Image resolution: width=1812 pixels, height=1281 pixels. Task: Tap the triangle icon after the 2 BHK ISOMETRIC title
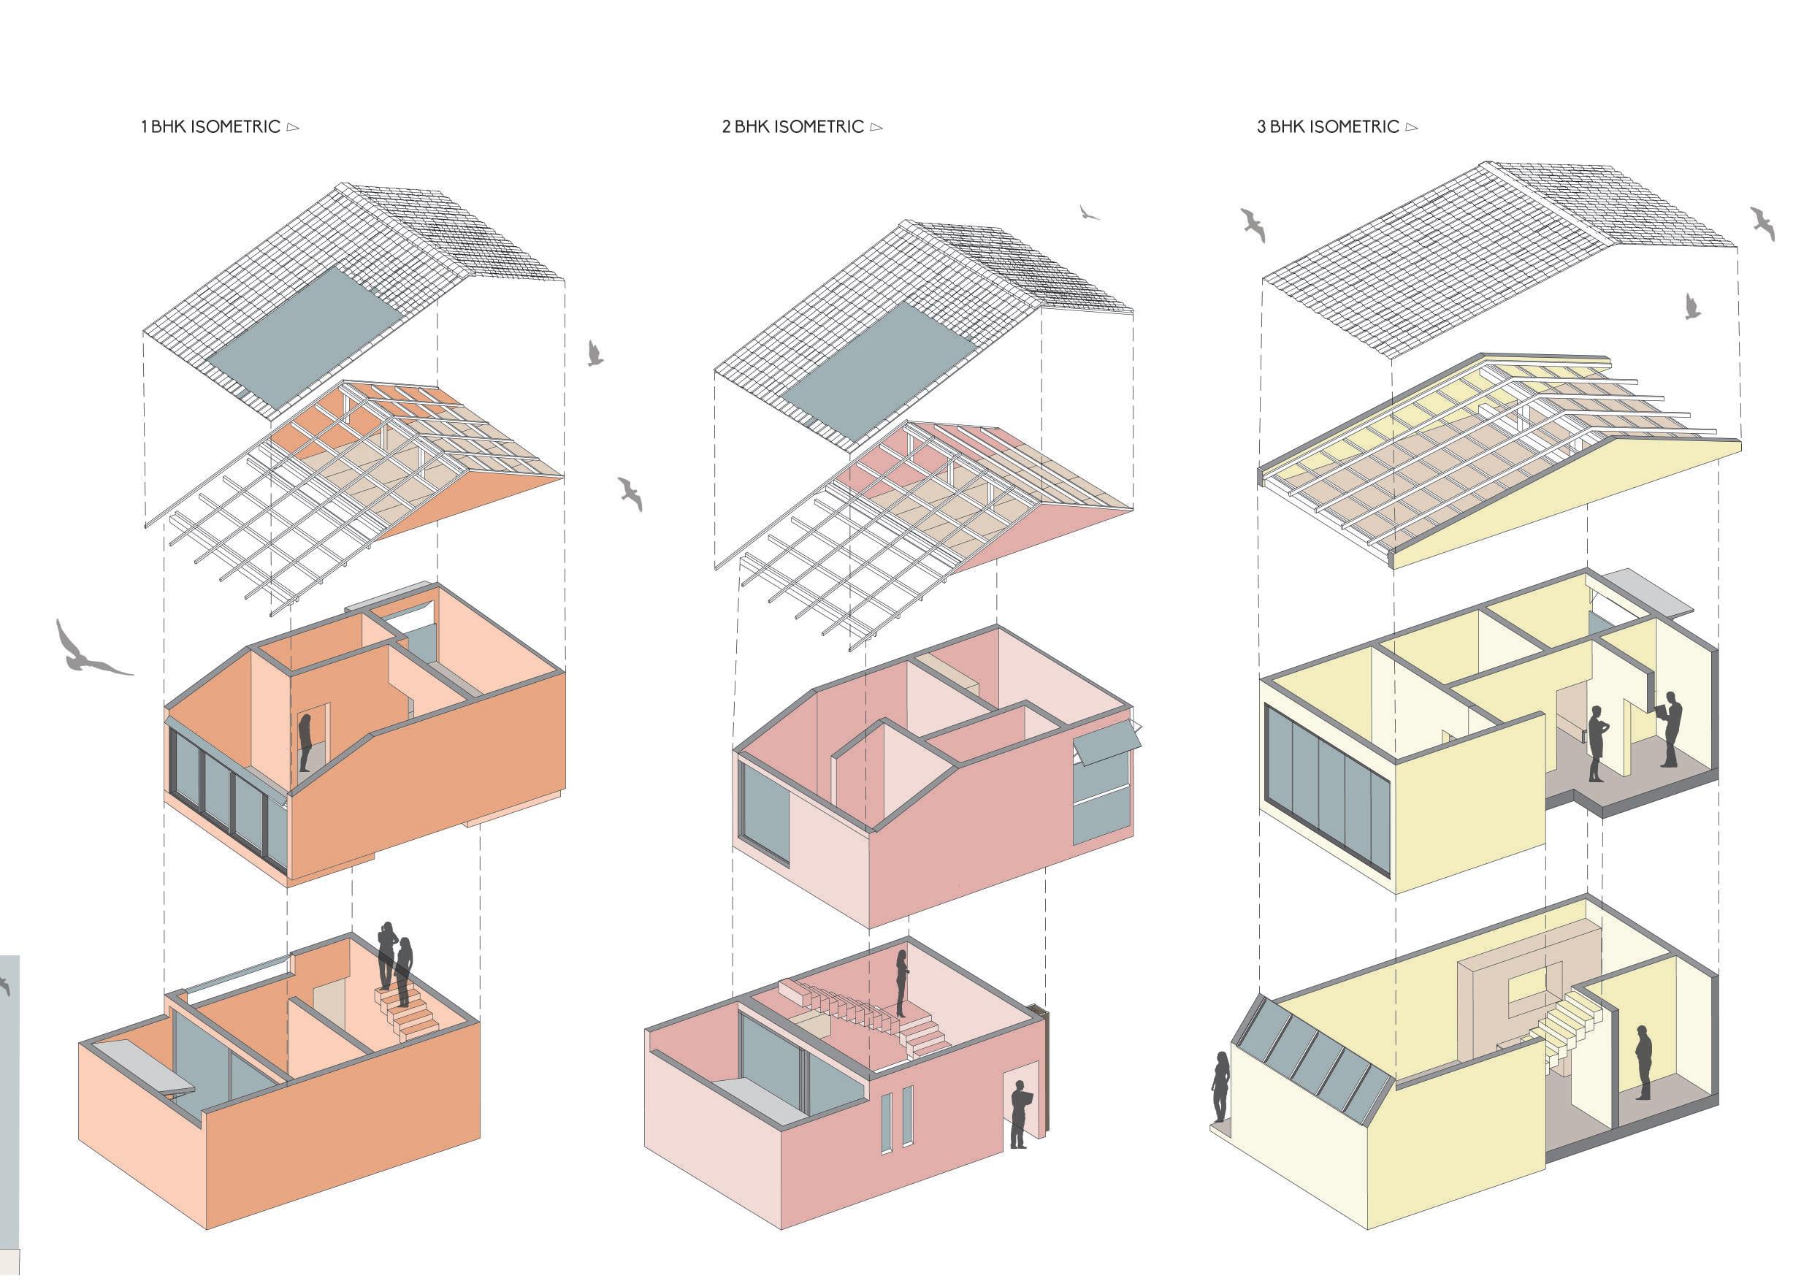876,127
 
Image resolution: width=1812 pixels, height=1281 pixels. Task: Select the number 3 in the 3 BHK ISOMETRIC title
1261,127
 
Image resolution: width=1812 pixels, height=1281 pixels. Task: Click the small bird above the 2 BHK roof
1089,213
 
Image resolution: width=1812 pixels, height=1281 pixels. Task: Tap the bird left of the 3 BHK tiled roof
1253,224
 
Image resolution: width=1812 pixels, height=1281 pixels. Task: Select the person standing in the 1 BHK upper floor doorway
305,742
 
